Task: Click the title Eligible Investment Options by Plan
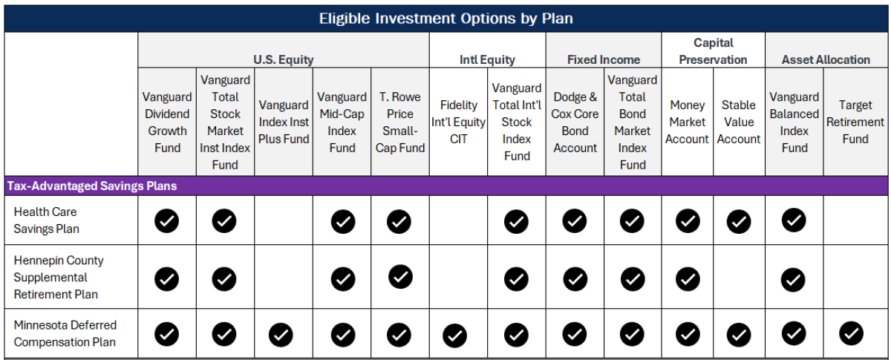click(446, 18)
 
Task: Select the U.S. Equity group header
click(283, 59)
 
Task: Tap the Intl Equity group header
click(487, 59)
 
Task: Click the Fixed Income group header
click(603, 59)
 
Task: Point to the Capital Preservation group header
click(713, 51)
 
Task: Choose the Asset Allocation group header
click(825, 59)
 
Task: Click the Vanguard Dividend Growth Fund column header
click(167, 122)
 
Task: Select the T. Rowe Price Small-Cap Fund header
click(399, 122)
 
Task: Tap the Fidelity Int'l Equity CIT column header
click(458, 122)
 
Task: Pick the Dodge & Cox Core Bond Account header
click(574, 122)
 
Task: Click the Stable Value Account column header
click(738, 122)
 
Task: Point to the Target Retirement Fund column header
click(855, 122)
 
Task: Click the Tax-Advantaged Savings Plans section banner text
click(92, 186)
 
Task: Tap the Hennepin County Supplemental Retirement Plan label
click(59, 277)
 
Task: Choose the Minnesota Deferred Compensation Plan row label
click(65, 334)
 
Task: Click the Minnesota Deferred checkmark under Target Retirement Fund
click(851, 334)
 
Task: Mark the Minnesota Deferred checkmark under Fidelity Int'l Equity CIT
click(454, 336)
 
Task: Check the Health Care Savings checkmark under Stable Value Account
click(738, 220)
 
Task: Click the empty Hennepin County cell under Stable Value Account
click(738, 278)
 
